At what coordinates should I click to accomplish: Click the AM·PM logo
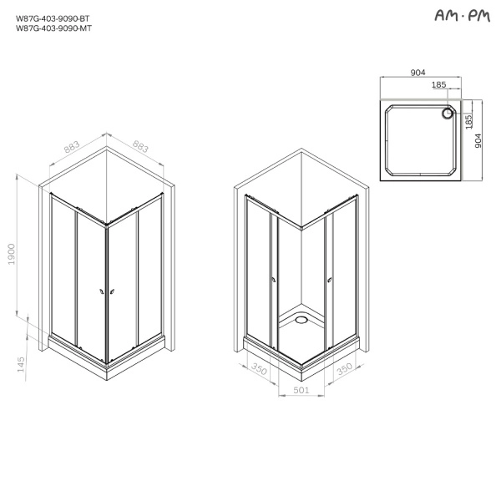click(x=462, y=15)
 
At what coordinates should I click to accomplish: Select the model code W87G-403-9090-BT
click(x=53, y=18)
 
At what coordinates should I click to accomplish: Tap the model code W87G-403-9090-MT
click(x=53, y=28)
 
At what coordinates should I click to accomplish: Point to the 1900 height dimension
click(x=12, y=254)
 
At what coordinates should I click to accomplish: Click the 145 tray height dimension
click(x=21, y=364)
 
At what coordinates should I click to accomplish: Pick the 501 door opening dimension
click(x=301, y=390)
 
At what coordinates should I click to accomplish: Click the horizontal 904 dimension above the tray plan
click(x=417, y=73)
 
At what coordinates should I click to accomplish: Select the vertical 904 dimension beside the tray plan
click(x=478, y=140)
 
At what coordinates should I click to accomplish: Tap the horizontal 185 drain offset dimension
click(x=438, y=84)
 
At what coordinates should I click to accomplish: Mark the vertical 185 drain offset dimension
click(x=468, y=122)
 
